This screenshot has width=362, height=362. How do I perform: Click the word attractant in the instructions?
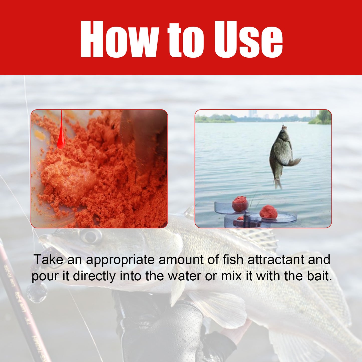276,260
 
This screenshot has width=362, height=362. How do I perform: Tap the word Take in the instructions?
48,260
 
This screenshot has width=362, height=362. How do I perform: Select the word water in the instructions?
184,276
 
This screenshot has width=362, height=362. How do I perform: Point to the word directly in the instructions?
94,276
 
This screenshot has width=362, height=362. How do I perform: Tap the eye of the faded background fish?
89,236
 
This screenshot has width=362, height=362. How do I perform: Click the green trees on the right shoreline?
322,118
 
